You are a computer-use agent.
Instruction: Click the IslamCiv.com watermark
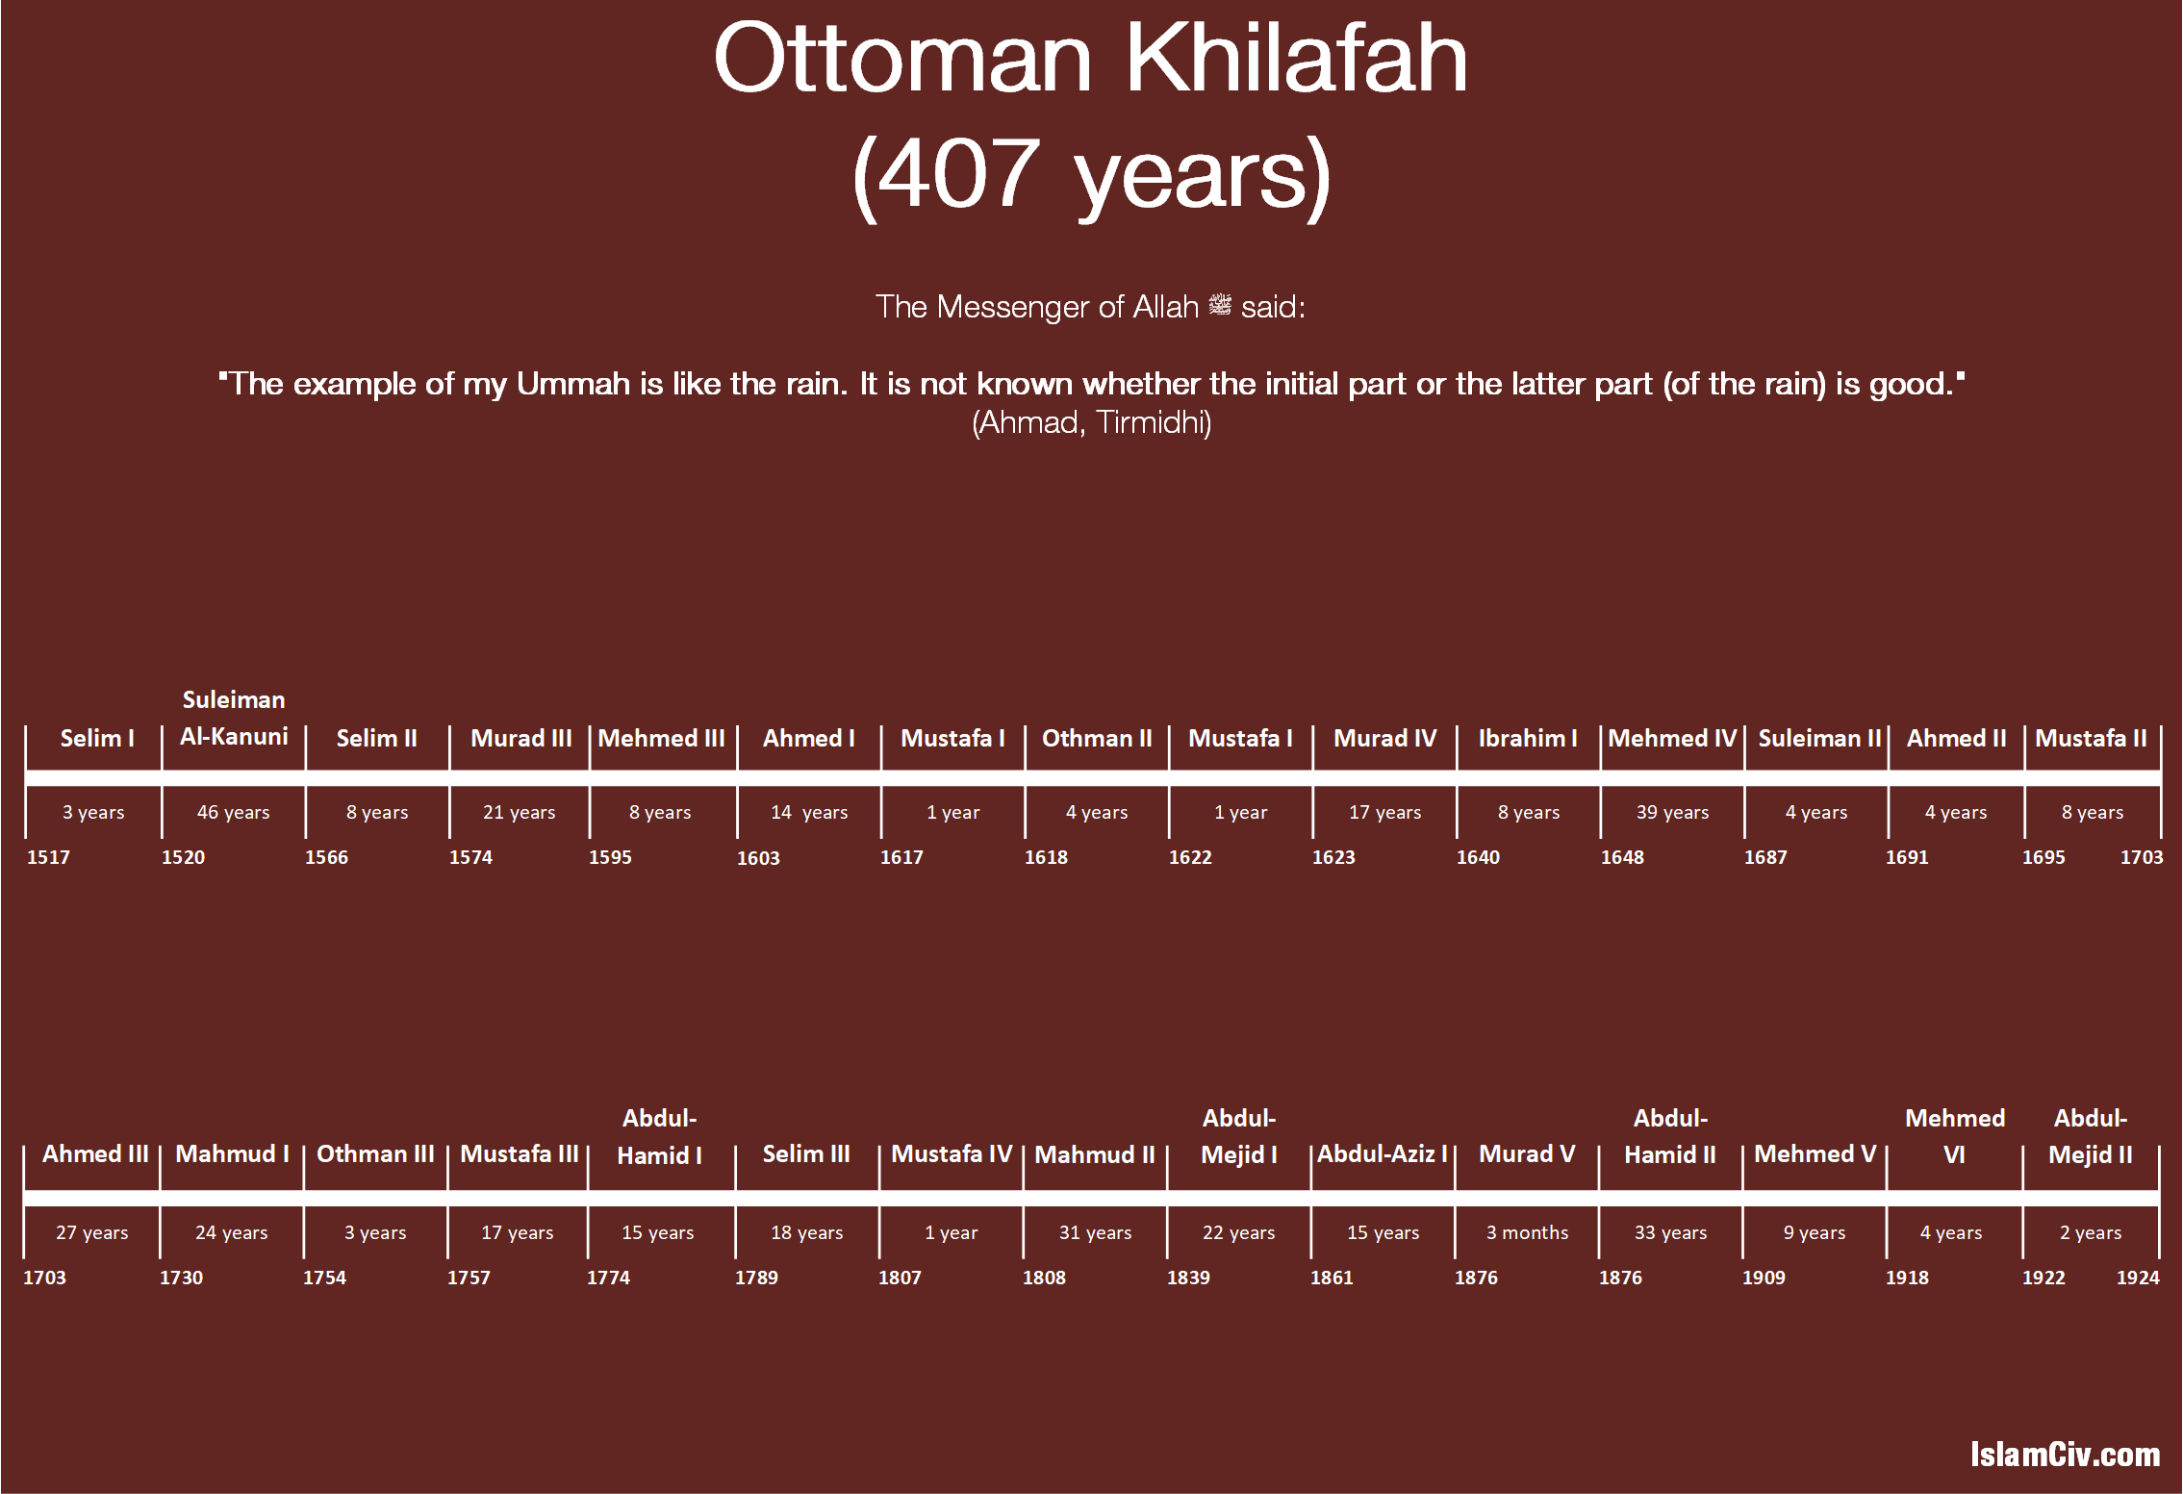coord(2065,1454)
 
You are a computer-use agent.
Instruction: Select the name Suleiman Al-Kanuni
coord(234,718)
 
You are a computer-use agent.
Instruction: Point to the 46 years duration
coord(233,812)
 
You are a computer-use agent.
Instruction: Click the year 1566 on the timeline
coord(326,857)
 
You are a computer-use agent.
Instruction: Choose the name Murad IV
coord(1384,738)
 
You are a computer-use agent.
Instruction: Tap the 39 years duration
coord(1672,812)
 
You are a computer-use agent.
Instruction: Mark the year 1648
coord(1622,857)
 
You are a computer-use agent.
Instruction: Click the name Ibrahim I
coord(1528,738)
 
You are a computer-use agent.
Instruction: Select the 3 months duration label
coord(1527,1232)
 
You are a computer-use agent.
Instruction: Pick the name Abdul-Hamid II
coord(1670,1136)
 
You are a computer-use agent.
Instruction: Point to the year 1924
coord(2138,1278)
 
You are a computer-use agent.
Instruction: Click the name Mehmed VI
coord(1955,1136)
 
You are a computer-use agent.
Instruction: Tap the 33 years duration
coord(1670,1232)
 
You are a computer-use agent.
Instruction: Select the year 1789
coord(756,1278)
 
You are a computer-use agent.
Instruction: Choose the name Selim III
coord(806,1153)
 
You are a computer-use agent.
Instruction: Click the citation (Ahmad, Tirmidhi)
coord(1091,422)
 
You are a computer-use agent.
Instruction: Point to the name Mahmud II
coord(1095,1153)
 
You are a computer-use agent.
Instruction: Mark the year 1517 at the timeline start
coord(48,857)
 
